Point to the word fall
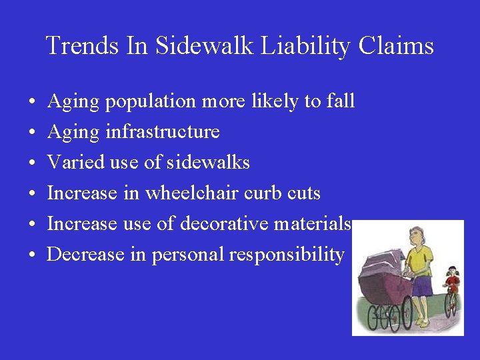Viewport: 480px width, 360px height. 341,101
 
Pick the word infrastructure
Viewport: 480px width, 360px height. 162,132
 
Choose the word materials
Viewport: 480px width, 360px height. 313,224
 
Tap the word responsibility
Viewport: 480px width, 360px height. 286,255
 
